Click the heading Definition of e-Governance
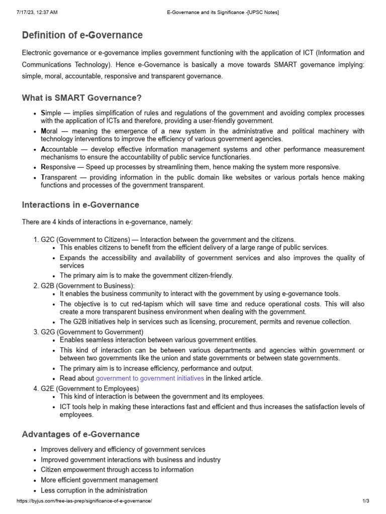[x=82, y=35]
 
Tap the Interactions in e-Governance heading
[x=80, y=205]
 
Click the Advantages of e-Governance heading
[x=81, y=434]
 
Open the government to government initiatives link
[x=150, y=378]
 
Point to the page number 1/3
[x=365, y=501]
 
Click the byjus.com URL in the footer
[x=84, y=501]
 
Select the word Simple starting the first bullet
[x=50, y=113]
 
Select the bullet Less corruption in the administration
[x=94, y=490]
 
